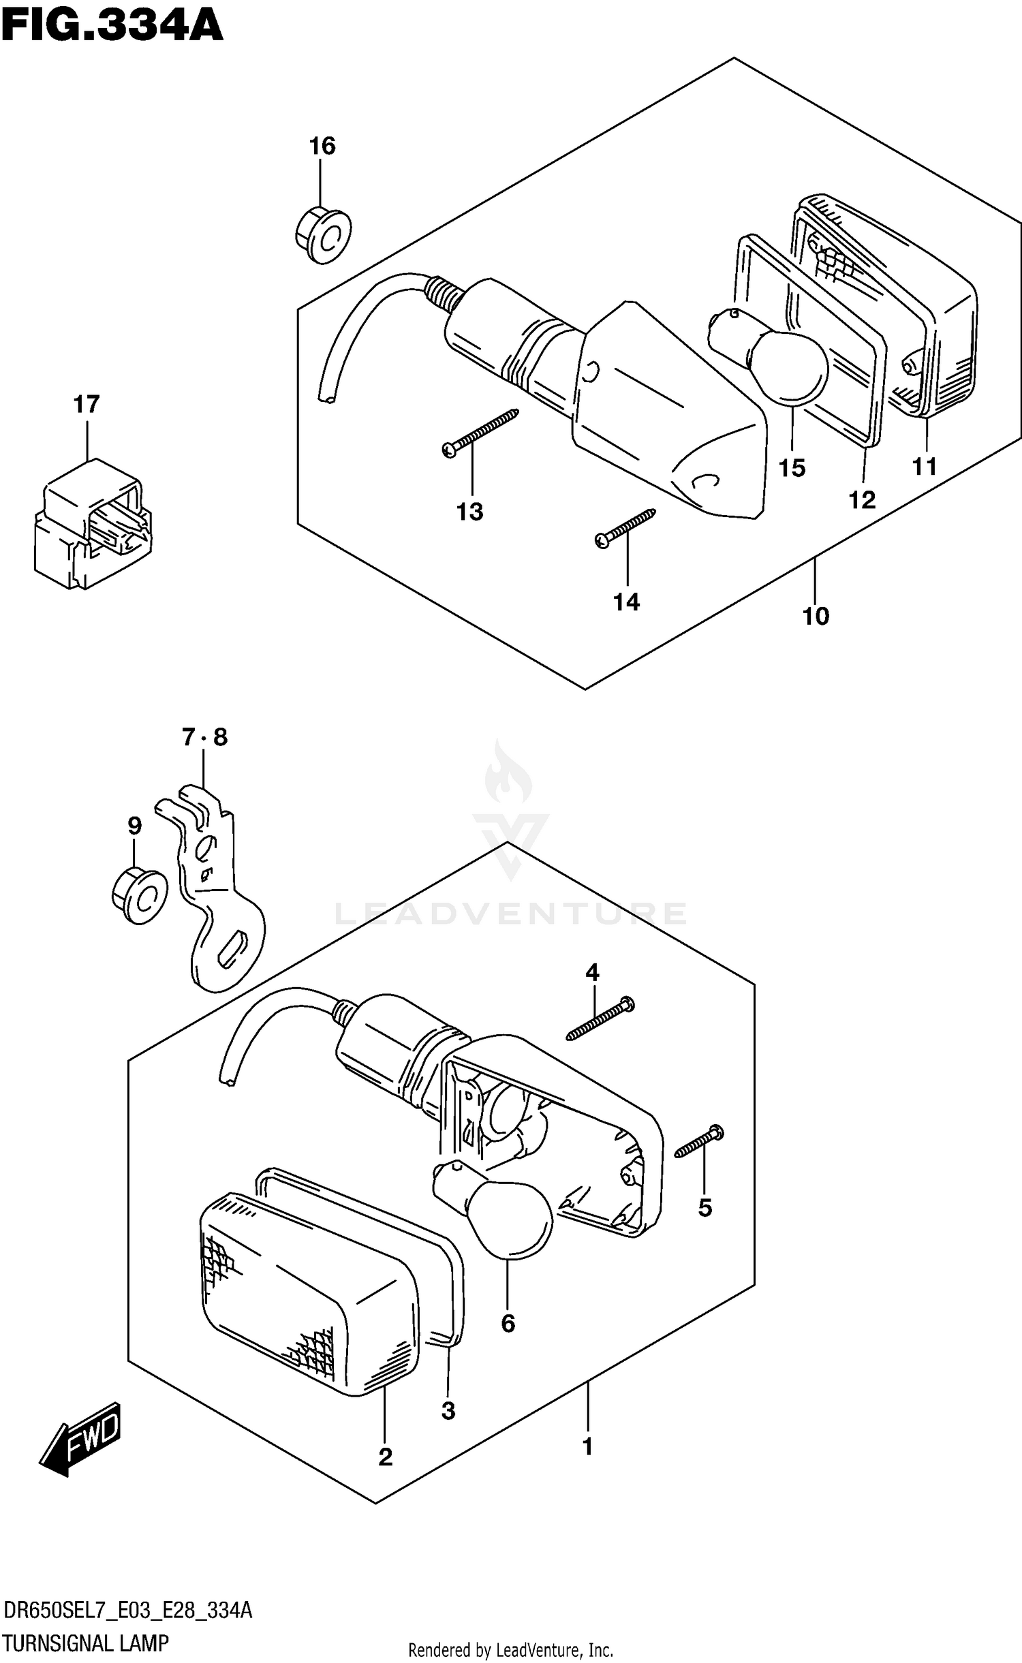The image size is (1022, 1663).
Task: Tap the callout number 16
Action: click(x=322, y=146)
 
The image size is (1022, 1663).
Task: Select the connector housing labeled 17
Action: click(x=91, y=524)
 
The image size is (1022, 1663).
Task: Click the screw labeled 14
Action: click(x=625, y=529)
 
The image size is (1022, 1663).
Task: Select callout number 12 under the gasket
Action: click(x=861, y=500)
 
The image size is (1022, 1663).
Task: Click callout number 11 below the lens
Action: click(x=925, y=467)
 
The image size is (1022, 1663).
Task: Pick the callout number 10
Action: click(x=816, y=616)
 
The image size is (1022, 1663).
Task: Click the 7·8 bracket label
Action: click(x=204, y=737)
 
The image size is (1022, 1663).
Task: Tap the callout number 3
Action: click(x=448, y=1410)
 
